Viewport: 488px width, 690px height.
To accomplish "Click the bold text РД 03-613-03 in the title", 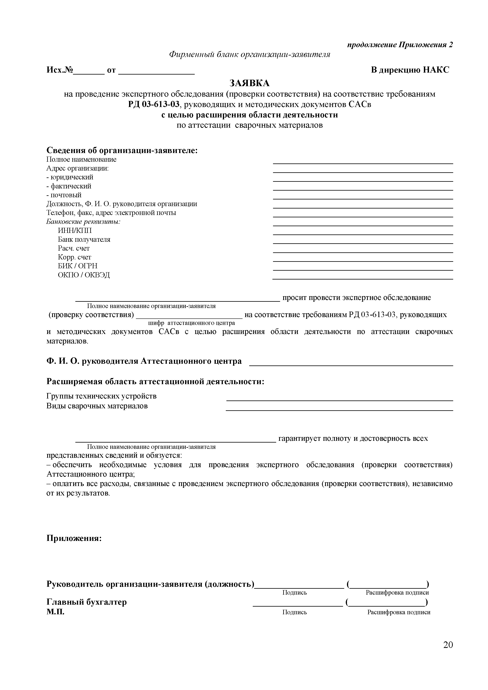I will point(154,105).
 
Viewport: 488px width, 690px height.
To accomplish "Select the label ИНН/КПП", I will point(75,231).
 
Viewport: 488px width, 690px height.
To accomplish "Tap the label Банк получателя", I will point(84,240).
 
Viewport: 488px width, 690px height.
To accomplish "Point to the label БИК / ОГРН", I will point(77,266).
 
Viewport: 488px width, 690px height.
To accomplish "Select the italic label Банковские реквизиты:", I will point(83,222).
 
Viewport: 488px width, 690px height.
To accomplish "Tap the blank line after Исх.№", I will point(89,73).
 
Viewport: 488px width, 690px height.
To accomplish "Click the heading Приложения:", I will point(74,538).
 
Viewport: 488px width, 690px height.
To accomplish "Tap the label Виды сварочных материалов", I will point(97,406).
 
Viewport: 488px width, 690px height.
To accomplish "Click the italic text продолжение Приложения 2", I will point(400,45).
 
